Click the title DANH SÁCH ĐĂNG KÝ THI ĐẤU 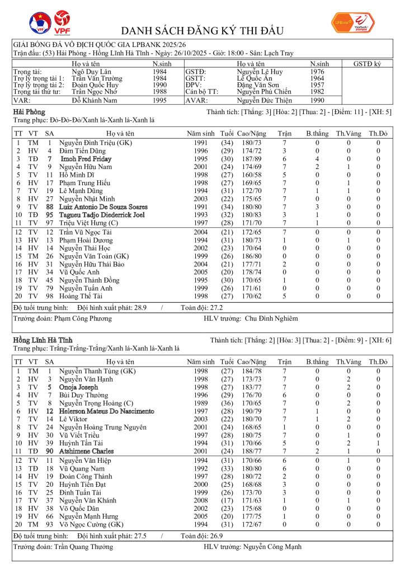pos(202,31)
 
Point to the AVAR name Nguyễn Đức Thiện pos(265,101)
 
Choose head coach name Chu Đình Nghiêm pos(271,318)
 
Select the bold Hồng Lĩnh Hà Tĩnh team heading pos(43,340)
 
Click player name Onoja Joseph pos(78,387)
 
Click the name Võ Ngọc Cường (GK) pos(92,525)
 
